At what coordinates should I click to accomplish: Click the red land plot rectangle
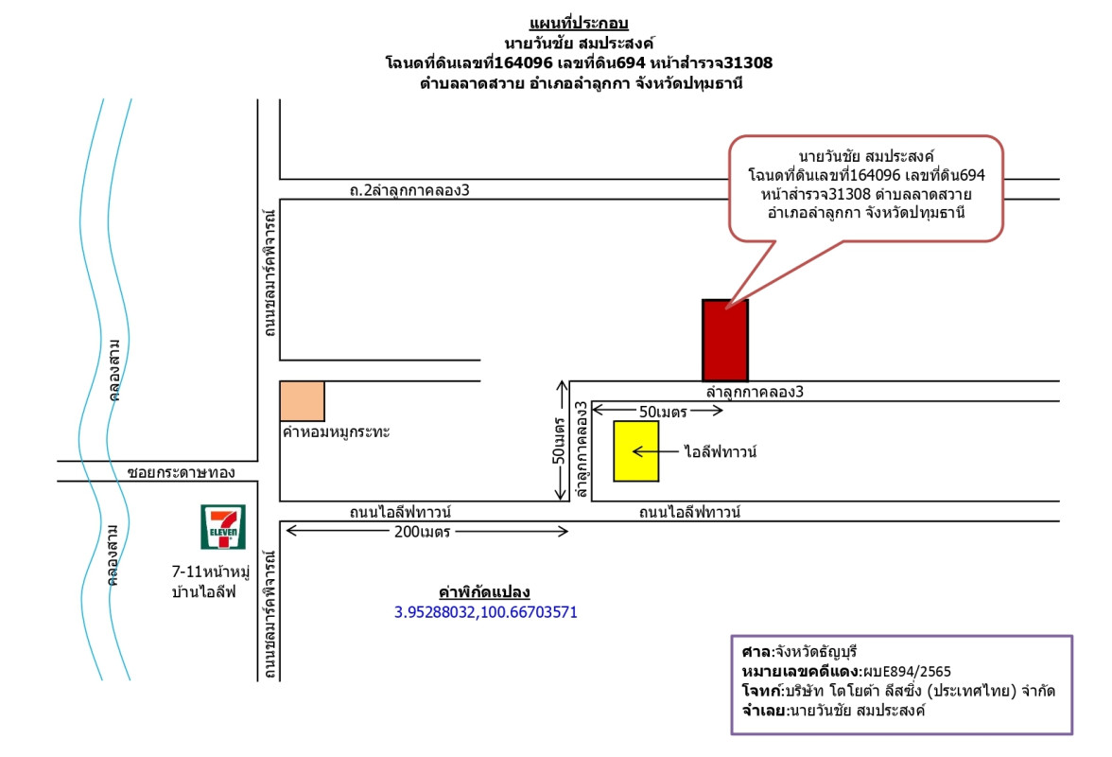[725, 340]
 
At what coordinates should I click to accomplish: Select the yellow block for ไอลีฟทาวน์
[636, 451]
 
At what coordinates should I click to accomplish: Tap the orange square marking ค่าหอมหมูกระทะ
[302, 401]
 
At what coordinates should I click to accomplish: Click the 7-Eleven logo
[224, 527]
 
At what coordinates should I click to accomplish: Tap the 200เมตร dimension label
[423, 532]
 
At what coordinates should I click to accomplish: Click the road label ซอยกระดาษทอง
[180, 471]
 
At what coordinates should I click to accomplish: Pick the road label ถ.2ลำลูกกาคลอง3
[409, 190]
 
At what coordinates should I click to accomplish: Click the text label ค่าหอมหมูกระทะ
[337, 431]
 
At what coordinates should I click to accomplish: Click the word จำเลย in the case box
[763, 710]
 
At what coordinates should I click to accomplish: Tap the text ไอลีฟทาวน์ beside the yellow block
[721, 452]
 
